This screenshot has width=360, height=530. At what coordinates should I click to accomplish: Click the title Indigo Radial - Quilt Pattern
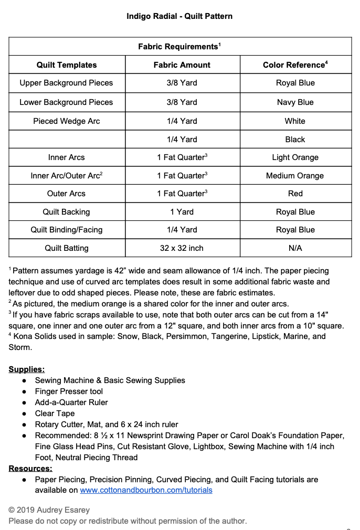coord(179,16)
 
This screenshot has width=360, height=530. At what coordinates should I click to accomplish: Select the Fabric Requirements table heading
coord(179,47)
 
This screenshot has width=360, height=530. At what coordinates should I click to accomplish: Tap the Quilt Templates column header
coord(67,65)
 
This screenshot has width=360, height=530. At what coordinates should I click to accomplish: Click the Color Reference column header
coord(295,65)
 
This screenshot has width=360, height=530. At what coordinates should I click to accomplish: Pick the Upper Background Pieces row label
coord(66,83)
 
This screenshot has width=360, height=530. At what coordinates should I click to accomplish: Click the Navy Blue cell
coord(295,102)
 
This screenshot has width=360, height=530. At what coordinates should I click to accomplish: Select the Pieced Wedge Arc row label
coord(66,121)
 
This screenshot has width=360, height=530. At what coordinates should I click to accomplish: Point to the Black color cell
coord(295,140)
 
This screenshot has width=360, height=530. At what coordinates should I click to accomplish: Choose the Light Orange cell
coord(295,157)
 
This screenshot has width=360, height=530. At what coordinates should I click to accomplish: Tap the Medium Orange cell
coord(295,176)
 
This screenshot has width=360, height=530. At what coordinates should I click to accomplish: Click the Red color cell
coord(295,194)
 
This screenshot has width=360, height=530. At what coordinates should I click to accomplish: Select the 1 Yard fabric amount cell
coord(182,212)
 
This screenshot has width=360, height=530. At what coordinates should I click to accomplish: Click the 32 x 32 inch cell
coord(182,248)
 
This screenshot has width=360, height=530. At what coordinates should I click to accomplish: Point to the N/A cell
coord(295,248)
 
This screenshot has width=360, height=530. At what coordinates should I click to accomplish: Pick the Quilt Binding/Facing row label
coord(66,230)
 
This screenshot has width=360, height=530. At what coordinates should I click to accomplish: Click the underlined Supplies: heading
coord(27,369)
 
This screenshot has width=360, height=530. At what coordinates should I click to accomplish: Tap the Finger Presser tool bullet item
coord(69,391)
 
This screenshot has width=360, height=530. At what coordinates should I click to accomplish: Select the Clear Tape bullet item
coord(55,414)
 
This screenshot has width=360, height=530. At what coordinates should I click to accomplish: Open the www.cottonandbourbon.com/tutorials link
coord(146,490)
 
